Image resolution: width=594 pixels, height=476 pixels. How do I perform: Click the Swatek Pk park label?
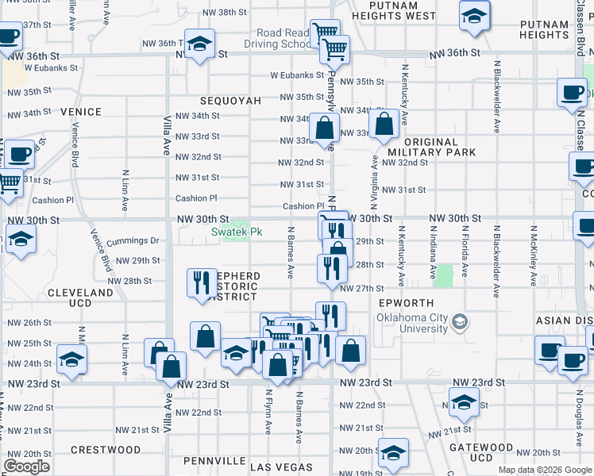[236, 232]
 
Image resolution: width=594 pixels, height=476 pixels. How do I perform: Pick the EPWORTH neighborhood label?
[407, 303]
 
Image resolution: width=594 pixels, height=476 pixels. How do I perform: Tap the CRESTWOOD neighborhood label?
[105, 450]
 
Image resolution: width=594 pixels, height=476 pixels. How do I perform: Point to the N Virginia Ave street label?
[373, 178]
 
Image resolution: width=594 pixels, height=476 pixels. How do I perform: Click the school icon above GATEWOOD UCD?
[464, 402]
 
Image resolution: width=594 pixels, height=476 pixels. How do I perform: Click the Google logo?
[26, 466]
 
